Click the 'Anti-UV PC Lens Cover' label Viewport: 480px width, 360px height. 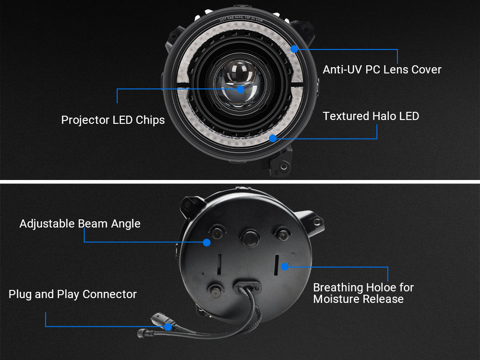[382, 70]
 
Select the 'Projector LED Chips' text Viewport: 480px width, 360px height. [113, 120]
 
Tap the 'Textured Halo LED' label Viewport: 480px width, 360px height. [371, 116]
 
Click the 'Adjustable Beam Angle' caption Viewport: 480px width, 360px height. [80, 224]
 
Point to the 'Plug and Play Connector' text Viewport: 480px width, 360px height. [72, 294]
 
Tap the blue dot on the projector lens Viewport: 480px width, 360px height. [240, 89]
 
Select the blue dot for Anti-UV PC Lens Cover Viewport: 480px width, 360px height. [295, 49]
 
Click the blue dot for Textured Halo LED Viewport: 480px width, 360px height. [273, 138]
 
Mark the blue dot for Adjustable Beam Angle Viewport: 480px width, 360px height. [207, 242]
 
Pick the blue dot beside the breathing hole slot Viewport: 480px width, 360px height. [285, 266]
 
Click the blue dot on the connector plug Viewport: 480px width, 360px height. [168, 327]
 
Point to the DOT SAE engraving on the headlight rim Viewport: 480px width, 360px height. [241, 19]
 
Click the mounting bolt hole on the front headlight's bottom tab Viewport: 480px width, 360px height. [284, 167]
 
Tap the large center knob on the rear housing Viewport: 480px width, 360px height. [250, 238]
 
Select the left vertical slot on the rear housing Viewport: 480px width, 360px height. [219, 264]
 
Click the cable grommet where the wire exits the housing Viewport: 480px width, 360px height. [247, 288]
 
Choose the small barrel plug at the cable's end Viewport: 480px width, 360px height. [143, 333]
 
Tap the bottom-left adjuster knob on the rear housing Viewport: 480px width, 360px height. [215, 289]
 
